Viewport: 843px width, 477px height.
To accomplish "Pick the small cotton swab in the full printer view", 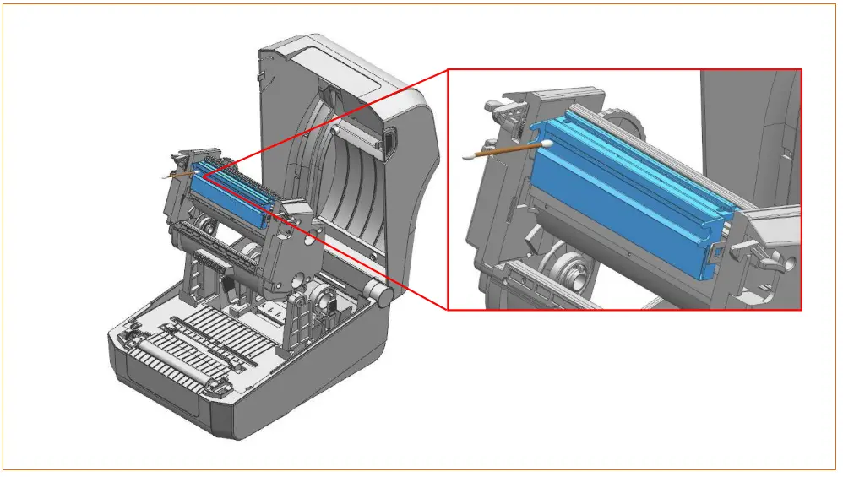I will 175,175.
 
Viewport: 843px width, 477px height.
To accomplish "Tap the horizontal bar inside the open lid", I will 355,134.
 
